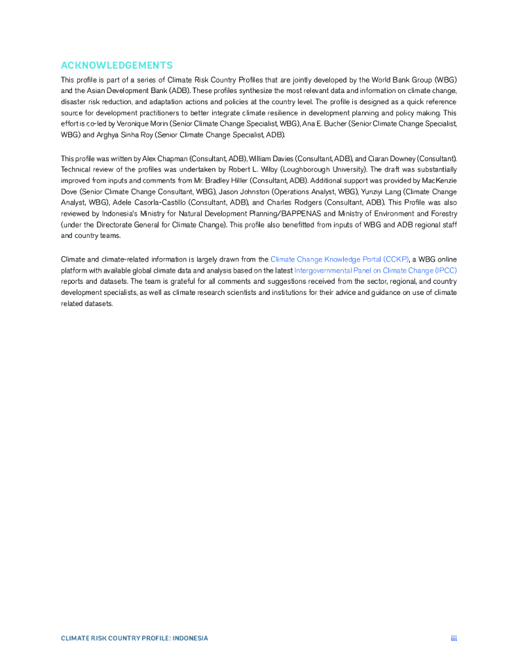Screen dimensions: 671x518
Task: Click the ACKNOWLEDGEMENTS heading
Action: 117,66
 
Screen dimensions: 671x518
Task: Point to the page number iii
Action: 453,638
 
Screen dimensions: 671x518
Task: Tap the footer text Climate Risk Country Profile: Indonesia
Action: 134,638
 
